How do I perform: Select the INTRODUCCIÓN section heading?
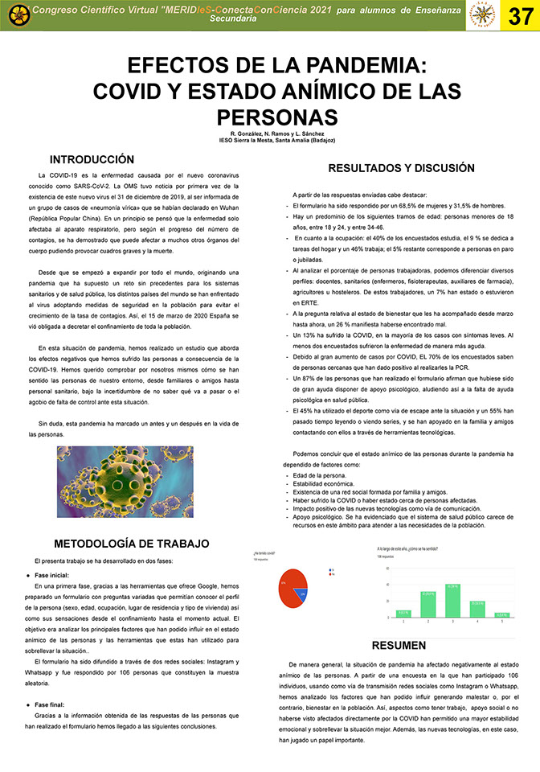[92, 159]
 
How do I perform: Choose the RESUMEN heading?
[399, 645]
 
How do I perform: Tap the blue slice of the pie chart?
[302, 594]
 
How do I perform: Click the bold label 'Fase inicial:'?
[52, 576]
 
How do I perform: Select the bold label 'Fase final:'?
[51, 704]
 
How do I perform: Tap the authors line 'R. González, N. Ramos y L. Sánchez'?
[271, 133]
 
